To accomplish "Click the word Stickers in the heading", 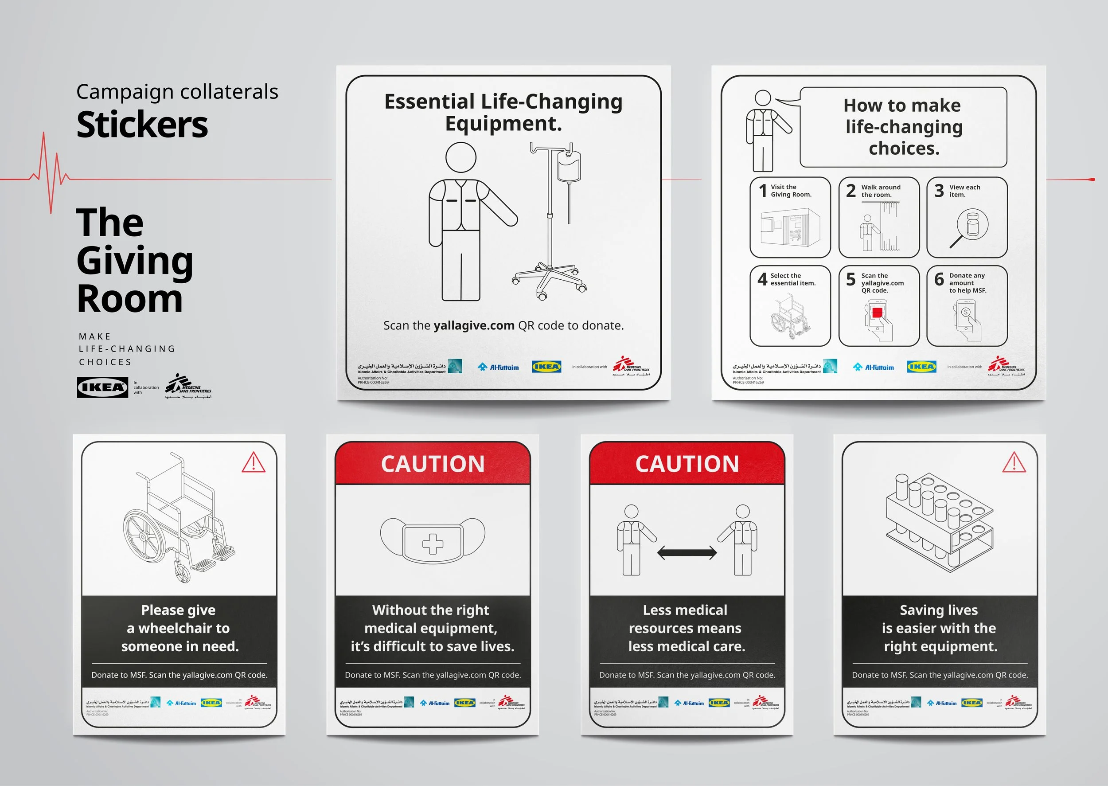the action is pos(142,125).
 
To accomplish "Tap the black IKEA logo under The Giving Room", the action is pos(102,387).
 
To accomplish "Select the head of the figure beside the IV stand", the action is pos(460,157).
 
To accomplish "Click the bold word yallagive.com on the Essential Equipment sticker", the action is pos(474,326).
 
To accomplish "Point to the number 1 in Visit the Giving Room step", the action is pos(763,191).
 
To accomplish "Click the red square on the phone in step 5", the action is pos(877,312).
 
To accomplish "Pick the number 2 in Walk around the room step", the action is pos(851,191).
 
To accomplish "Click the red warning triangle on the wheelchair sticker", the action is pos(253,463).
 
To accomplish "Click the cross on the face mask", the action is pos(433,544).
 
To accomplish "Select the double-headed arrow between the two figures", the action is pos(687,553).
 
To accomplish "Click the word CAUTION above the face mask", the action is pos(433,464).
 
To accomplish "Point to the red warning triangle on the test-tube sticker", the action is pos(1014,463).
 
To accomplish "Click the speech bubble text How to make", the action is pos(902,106).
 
